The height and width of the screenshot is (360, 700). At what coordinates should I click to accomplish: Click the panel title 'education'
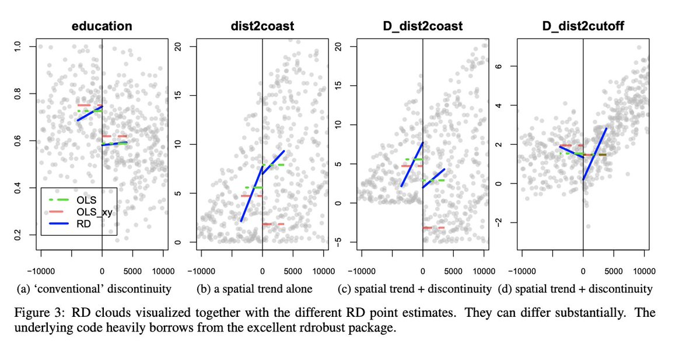click(101, 26)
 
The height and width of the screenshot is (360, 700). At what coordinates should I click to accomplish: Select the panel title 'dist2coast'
click(262, 26)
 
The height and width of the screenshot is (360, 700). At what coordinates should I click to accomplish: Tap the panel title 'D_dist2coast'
click(422, 26)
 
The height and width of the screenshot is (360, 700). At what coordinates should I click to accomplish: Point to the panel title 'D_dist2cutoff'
click(583, 26)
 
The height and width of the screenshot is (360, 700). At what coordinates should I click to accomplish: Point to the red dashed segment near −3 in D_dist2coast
click(434, 228)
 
